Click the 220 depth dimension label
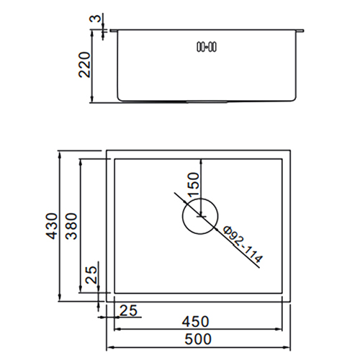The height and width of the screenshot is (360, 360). point(85,65)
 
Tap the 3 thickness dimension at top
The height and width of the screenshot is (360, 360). point(96,18)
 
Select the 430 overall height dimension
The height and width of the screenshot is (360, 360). point(52,226)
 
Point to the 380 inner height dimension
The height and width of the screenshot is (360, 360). point(71,226)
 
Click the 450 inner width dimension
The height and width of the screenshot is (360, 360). point(196,322)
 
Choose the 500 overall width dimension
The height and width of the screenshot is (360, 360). point(198,339)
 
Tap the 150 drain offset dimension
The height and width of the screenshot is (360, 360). point(194,185)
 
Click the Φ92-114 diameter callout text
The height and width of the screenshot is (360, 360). point(243,245)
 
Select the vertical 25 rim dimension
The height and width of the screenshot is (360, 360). point(91,275)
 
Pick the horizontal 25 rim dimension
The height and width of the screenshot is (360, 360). point(128,310)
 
